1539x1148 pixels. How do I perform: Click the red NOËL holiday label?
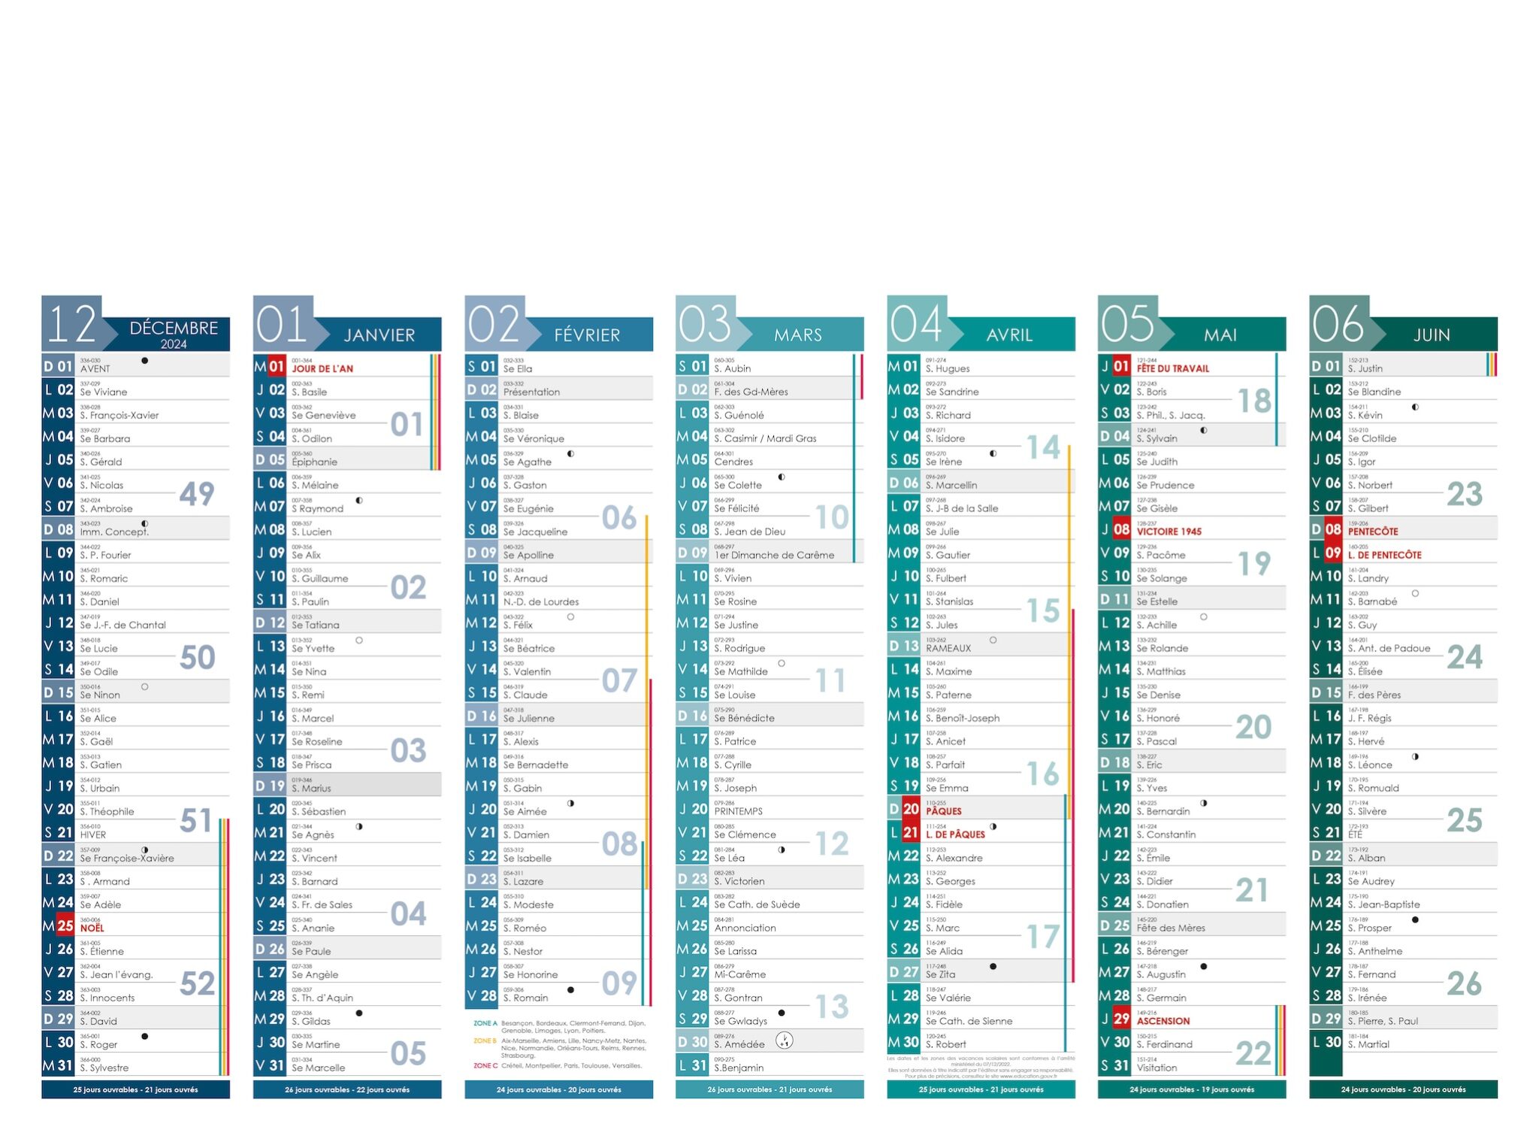(x=92, y=928)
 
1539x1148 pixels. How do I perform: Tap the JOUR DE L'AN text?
(x=322, y=368)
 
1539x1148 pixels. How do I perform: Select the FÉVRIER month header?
(x=587, y=335)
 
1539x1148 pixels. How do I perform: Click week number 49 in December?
(x=197, y=494)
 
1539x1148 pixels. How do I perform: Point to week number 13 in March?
(x=832, y=1007)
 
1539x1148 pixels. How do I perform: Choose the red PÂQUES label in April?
(x=944, y=811)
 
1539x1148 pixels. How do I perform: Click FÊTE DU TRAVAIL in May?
(x=1172, y=368)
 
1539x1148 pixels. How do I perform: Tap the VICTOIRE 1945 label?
(x=1169, y=532)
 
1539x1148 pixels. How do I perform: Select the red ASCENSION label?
(x=1163, y=1021)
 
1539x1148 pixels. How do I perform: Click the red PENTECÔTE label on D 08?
(x=1372, y=532)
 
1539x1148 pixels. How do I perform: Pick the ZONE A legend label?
(x=485, y=1023)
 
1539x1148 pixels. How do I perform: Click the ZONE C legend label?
(x=485, y=1065)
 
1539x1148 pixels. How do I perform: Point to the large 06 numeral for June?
(x=1338, y=324)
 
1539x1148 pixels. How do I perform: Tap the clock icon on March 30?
(x=784, y=1040)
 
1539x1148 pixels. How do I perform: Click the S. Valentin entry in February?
(x=527, y=671)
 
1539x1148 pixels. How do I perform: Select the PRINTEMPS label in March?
(x=738, y=811)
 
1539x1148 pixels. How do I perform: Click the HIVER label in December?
(x=93, y=834)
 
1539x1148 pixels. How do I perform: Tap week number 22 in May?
(x=1253, y=1053)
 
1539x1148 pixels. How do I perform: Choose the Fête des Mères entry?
(x=1171, y=928)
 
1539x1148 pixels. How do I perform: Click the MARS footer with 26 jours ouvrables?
(x=769, y=1089)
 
